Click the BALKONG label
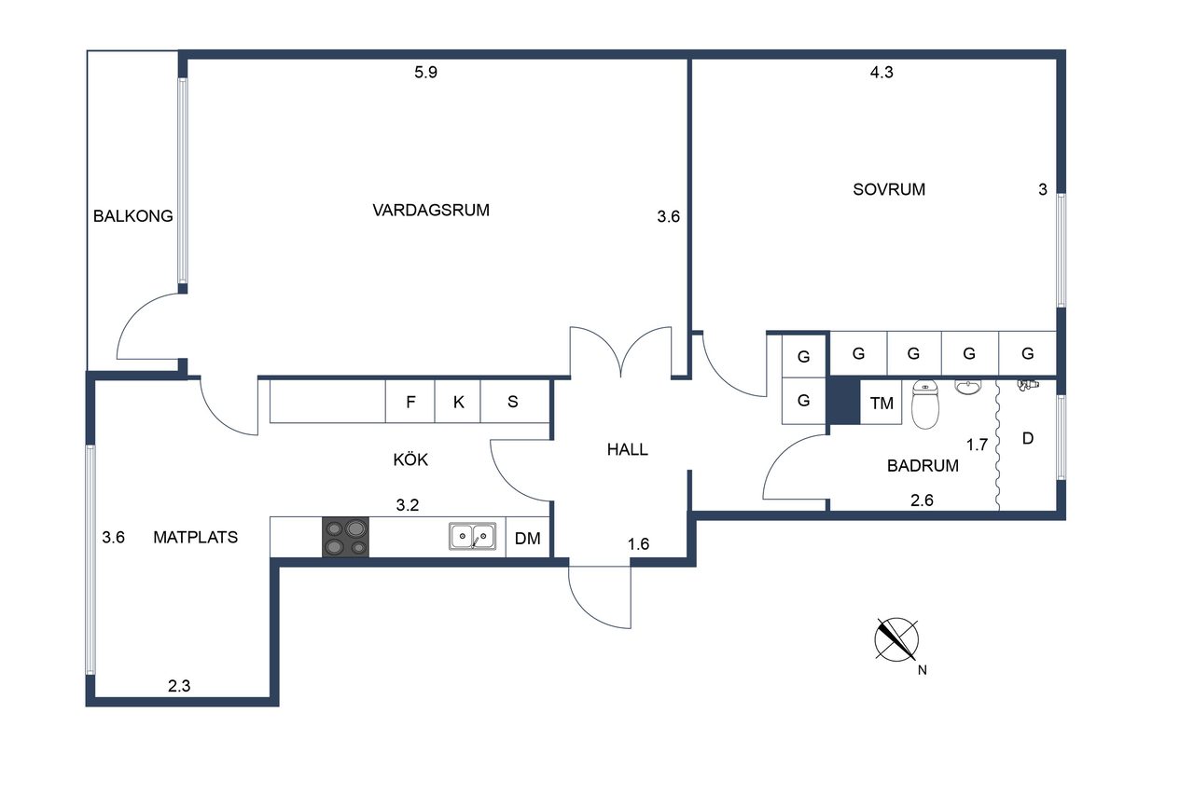tap(133, 215)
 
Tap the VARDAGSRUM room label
tap(431, 210)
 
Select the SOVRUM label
tap(889, 189)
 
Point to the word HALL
tap(628, 449)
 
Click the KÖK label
tap(410, 459)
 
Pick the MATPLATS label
tap(196, 537)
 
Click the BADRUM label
tap(923, 465)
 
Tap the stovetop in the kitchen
tap(345, 537)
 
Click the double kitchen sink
tap(473, 536)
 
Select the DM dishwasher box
tap(528, 537)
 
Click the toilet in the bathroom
tap(924, 404)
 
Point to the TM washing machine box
tap(882, 403)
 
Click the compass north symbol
tap(896, 639)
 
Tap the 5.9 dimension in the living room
tap(426, 72)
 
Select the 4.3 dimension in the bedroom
tap(882, 72)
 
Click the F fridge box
tap(410, 402)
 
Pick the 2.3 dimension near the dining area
tap(179, 686)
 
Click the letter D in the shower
tap(1028, 438)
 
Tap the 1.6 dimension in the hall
tap(639, 543)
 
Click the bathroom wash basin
tap(967, 387)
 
